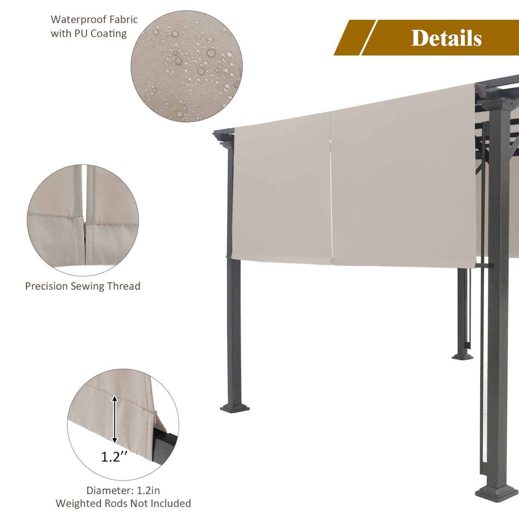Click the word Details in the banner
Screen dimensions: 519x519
click(x=446, y=38)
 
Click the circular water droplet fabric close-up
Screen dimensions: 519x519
click(x=186, y=66)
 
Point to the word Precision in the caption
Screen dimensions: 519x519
click(x=46, y=286)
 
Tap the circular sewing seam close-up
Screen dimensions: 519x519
click(x=83, y=220)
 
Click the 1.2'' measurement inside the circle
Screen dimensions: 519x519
click(x=114, y=457)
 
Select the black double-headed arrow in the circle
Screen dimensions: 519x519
click(x=115, y=419)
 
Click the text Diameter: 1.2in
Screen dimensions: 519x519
click(x=123, y=490)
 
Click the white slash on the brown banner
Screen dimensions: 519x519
click(x=368, y=37)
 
